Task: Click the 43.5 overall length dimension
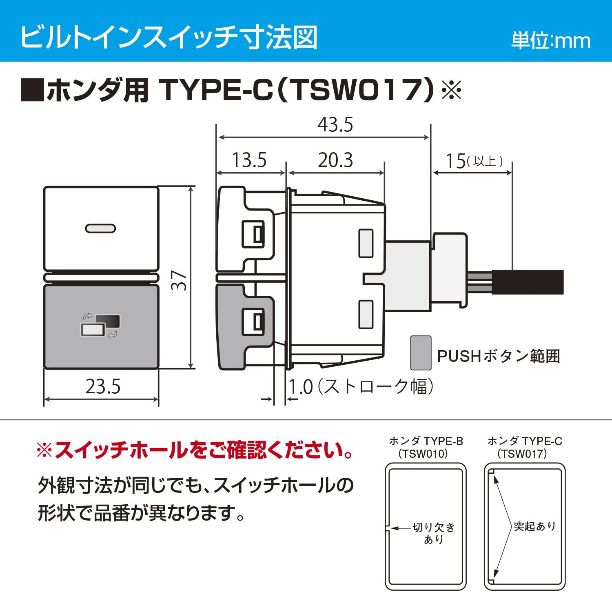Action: (335, 125)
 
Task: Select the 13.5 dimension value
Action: (249, 160)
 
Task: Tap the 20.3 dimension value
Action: (335, 160)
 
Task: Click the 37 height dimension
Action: (180, 281)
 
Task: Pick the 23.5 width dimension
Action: (103, 386)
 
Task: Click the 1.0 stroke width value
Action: (301, 387)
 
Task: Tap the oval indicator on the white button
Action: (100, 229)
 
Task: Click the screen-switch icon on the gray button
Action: (100, 326)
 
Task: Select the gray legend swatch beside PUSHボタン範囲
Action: (421, 353)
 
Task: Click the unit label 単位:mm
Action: (551, 41)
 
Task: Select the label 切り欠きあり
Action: (433, 533)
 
